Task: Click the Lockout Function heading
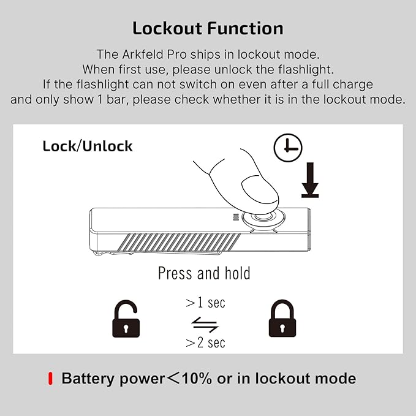coord(208,28)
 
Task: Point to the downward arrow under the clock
coord(310,182)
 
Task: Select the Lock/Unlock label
coord(88,146)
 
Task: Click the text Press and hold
coord(204,273)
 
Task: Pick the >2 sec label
coord(205,342)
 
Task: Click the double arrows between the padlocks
coord(205,323)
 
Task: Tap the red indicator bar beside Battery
coord(51,379)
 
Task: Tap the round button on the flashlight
coord(263,221)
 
